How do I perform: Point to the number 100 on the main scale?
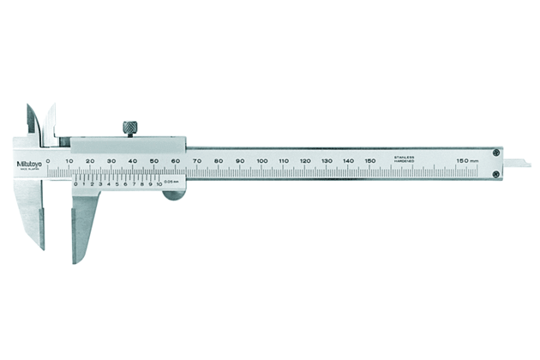(261, 160)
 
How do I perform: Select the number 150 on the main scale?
(369, 160)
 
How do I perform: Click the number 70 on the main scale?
(197, 160)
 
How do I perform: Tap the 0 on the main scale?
(48, 160)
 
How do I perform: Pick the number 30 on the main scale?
(111, 160)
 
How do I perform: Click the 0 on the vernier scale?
(75, 183)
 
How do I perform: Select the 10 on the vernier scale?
(159, 183)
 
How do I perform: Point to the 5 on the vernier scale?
(117, 183)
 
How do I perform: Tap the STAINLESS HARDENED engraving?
(405, 160)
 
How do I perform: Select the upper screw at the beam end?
(496, 153)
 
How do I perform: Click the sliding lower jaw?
(85, 223)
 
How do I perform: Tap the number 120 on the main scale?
(305, 160)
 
